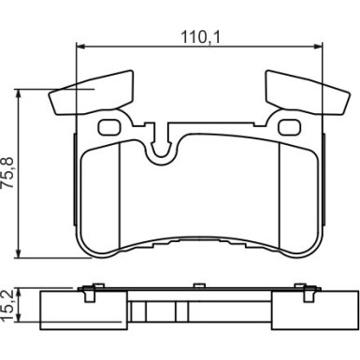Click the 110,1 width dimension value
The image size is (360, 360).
(200, 37)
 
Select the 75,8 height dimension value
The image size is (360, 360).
(7, 172)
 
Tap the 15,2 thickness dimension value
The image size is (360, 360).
(7, 306)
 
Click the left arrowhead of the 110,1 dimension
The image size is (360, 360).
(80, 47)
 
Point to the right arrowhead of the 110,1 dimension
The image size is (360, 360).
(318, 47)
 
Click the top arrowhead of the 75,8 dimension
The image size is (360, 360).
(20, 94)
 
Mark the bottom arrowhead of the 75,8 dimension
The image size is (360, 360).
(20, 253)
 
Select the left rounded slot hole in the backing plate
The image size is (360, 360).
(109, 127)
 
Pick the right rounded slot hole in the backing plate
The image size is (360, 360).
(290, 127)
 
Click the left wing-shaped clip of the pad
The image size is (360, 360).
(92, 93)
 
